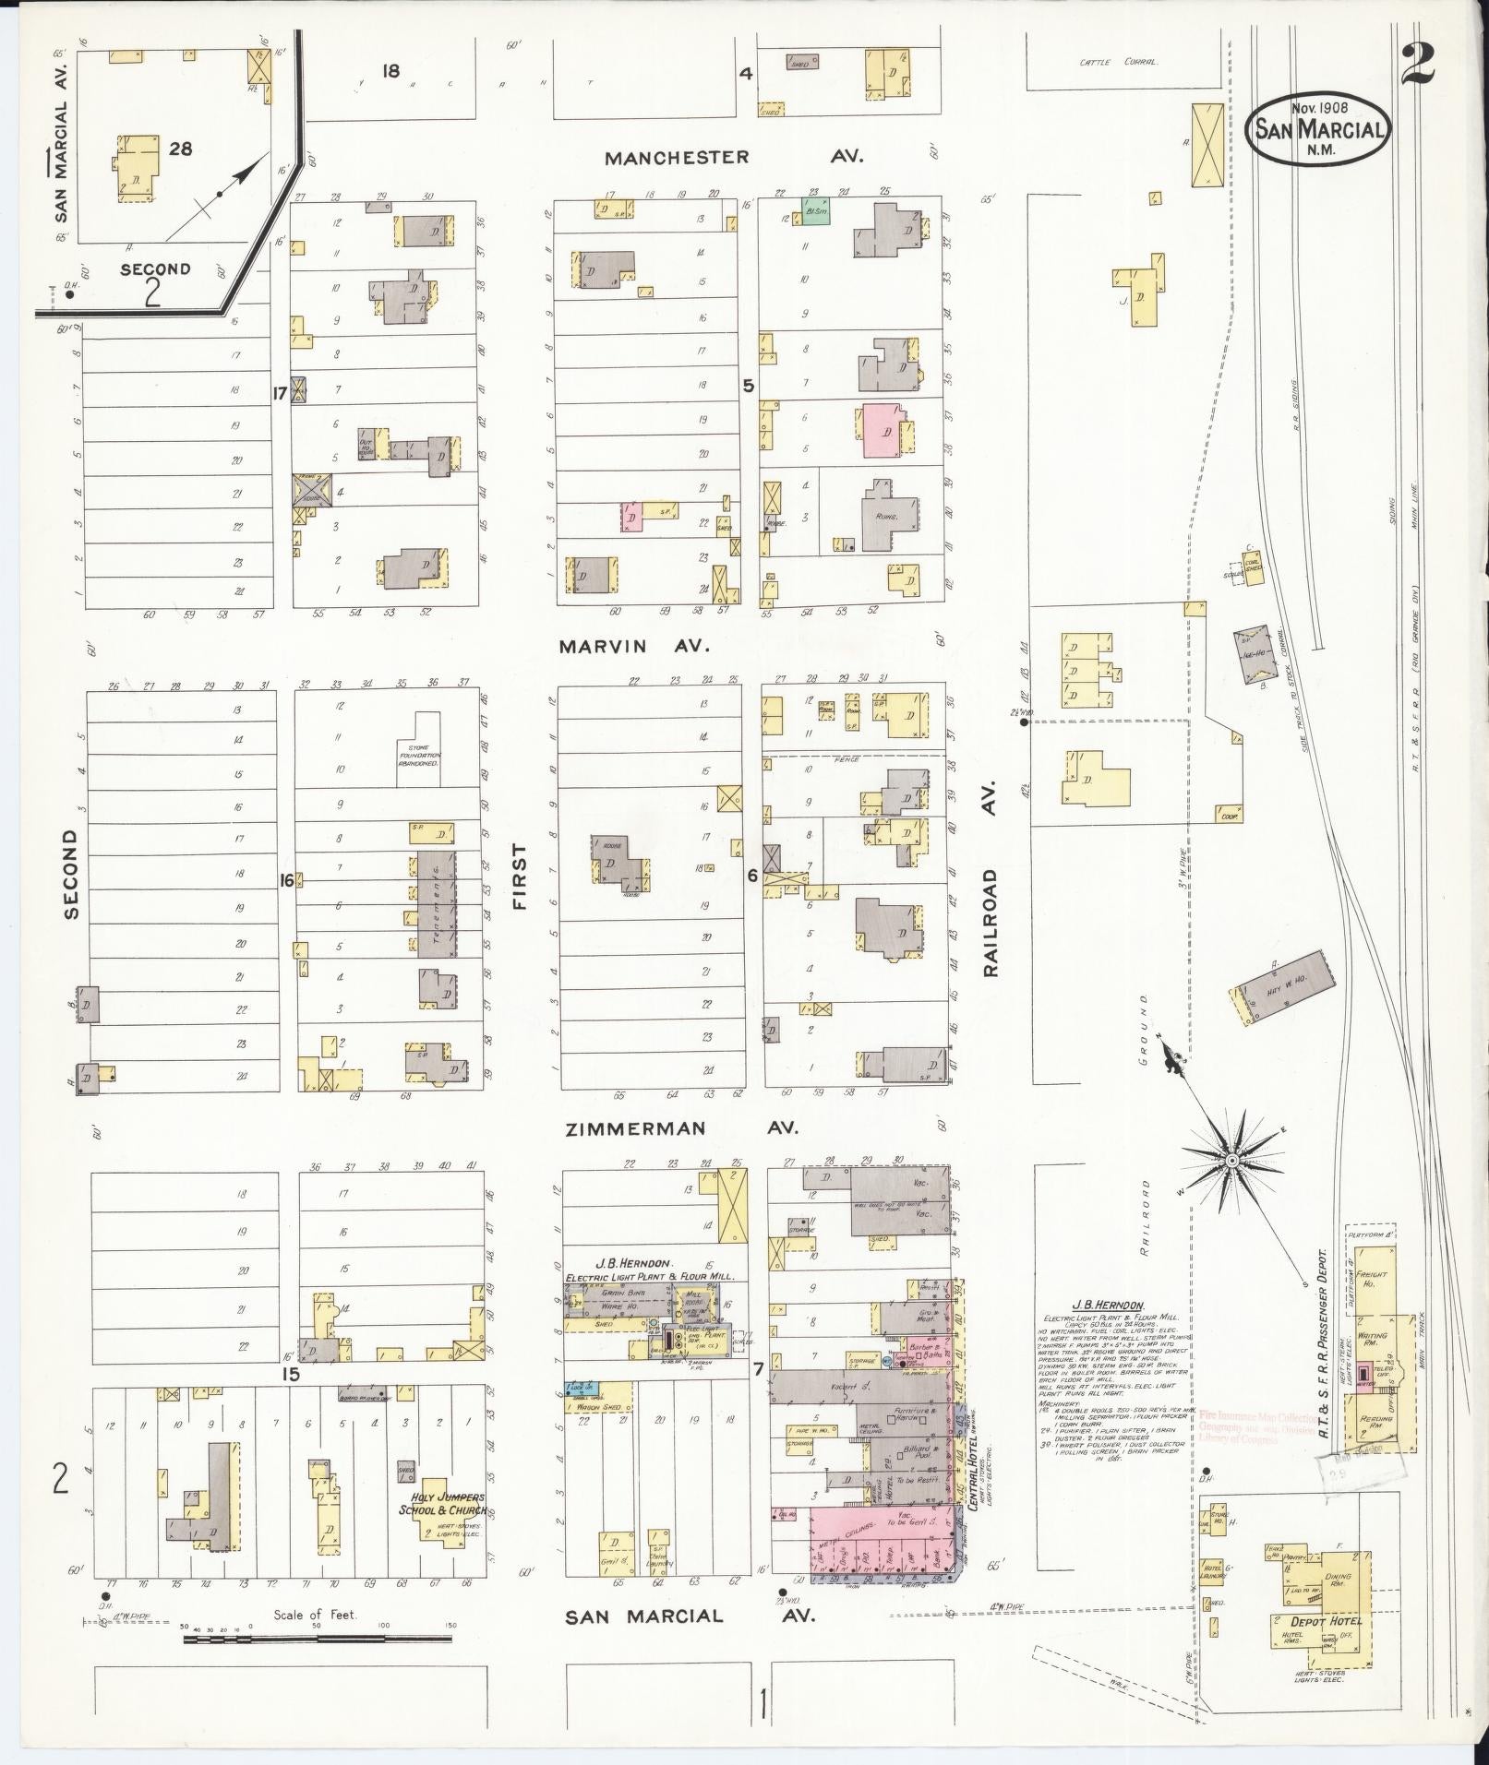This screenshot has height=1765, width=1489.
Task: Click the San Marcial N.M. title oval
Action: pyautogui.click(x=1318, y=130)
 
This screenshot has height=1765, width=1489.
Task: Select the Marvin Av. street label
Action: pyautogui.click(x=634, y=647)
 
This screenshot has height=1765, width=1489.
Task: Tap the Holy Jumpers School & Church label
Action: pyautogui.click(x=441, y=1504)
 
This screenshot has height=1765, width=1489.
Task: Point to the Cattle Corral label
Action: pyautogui.click(x=1119, y=63)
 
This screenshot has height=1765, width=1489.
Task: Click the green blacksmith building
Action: pyautogui.click(x=815, y=210)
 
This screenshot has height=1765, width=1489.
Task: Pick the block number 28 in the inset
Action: pyautogui.click(x=181, y=148)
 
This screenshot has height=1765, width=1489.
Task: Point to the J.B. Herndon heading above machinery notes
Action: pyautogui.click(x=1107, y=1306)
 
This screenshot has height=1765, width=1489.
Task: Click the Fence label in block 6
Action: pyautogui.click(x=846, y=759)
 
